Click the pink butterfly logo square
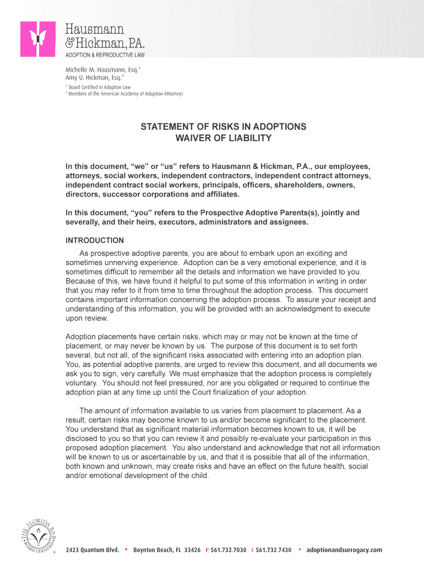38,39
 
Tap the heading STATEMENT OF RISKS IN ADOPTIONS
223,127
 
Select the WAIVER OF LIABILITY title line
223,138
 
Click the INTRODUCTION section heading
95,241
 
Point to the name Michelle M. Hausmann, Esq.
102,70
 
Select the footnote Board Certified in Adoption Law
99,87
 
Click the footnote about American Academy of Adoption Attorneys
125,94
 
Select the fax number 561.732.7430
274,550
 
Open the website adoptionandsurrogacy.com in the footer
344,550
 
